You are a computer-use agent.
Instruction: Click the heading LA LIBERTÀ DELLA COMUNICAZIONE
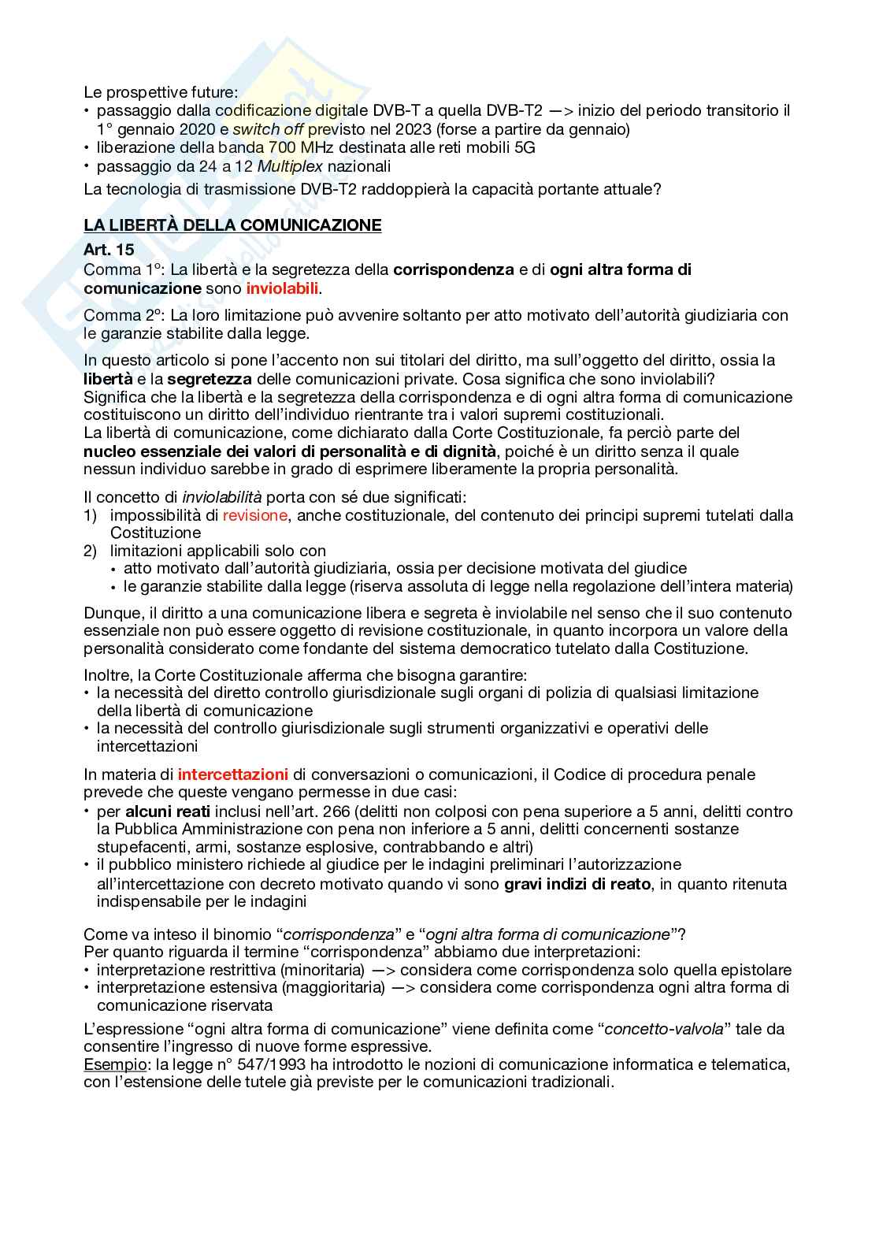click(x=232, y=225)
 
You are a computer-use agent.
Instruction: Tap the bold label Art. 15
click(x=109, y=249)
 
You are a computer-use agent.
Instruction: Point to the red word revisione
click(x=255, y=515)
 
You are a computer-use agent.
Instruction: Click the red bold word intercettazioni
click(x=233, y=774)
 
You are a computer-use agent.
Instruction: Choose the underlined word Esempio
click(x=109, y=1064)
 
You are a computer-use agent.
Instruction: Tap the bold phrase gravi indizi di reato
click(x=577, y=883)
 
